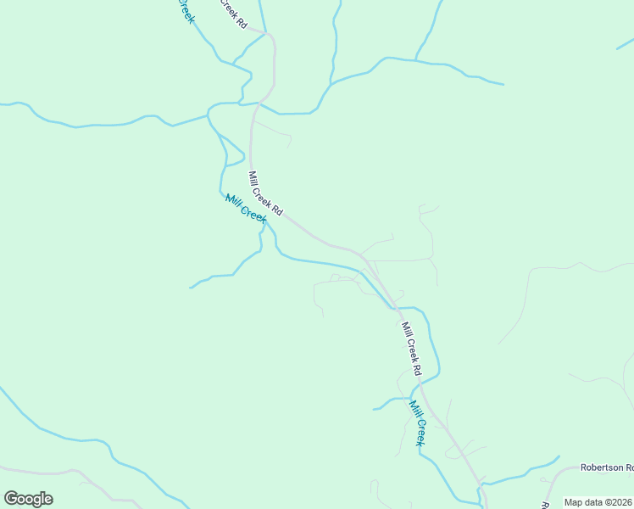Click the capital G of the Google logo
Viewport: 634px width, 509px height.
(x=11, y=498)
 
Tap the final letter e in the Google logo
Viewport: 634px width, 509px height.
(x=47, y=499)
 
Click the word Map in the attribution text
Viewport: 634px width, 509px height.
(x=574, y=502)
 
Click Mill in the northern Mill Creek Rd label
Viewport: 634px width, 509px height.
(x=253, y=179)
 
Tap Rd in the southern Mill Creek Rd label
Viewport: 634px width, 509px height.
(x=416, y=369)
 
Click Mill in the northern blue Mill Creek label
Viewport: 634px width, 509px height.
(x=233, y=201)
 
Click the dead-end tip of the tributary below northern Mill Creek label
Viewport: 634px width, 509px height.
(x=190, y=288)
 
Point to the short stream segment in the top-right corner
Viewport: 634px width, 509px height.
(x=626, y=44)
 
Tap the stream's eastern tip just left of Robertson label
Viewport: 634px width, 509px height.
(x=559, y=457)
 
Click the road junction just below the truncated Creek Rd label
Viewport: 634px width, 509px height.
(x=268, y=35)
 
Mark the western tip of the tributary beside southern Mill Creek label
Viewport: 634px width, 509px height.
(x=374, y=409)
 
